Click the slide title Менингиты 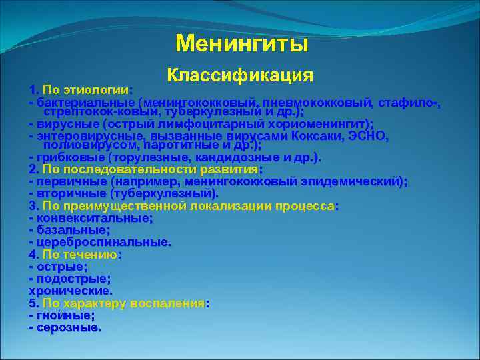click(242, 43)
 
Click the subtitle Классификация click(240, 75)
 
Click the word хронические click(71, 291)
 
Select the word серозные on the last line click(68, 327)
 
